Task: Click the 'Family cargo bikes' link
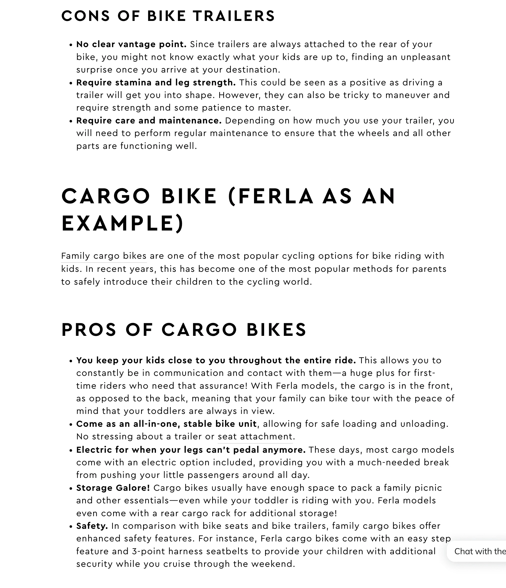tap(104, 256)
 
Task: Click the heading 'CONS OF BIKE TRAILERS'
tap(168, 16)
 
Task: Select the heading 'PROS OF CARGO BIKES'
tap(184, 330)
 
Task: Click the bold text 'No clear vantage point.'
tap(131, 44)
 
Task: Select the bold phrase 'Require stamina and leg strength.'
tap(156, 83)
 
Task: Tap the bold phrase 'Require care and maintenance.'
tap(149, 121)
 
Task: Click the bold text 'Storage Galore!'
tap(113, 488)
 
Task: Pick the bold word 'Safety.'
tap(92, 526)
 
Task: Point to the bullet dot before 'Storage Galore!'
tap(71, 489)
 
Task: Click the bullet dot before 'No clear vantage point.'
tap(71, 45)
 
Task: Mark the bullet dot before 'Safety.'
tap(71, 527)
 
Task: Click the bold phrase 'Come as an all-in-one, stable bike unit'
tap(166, 424)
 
